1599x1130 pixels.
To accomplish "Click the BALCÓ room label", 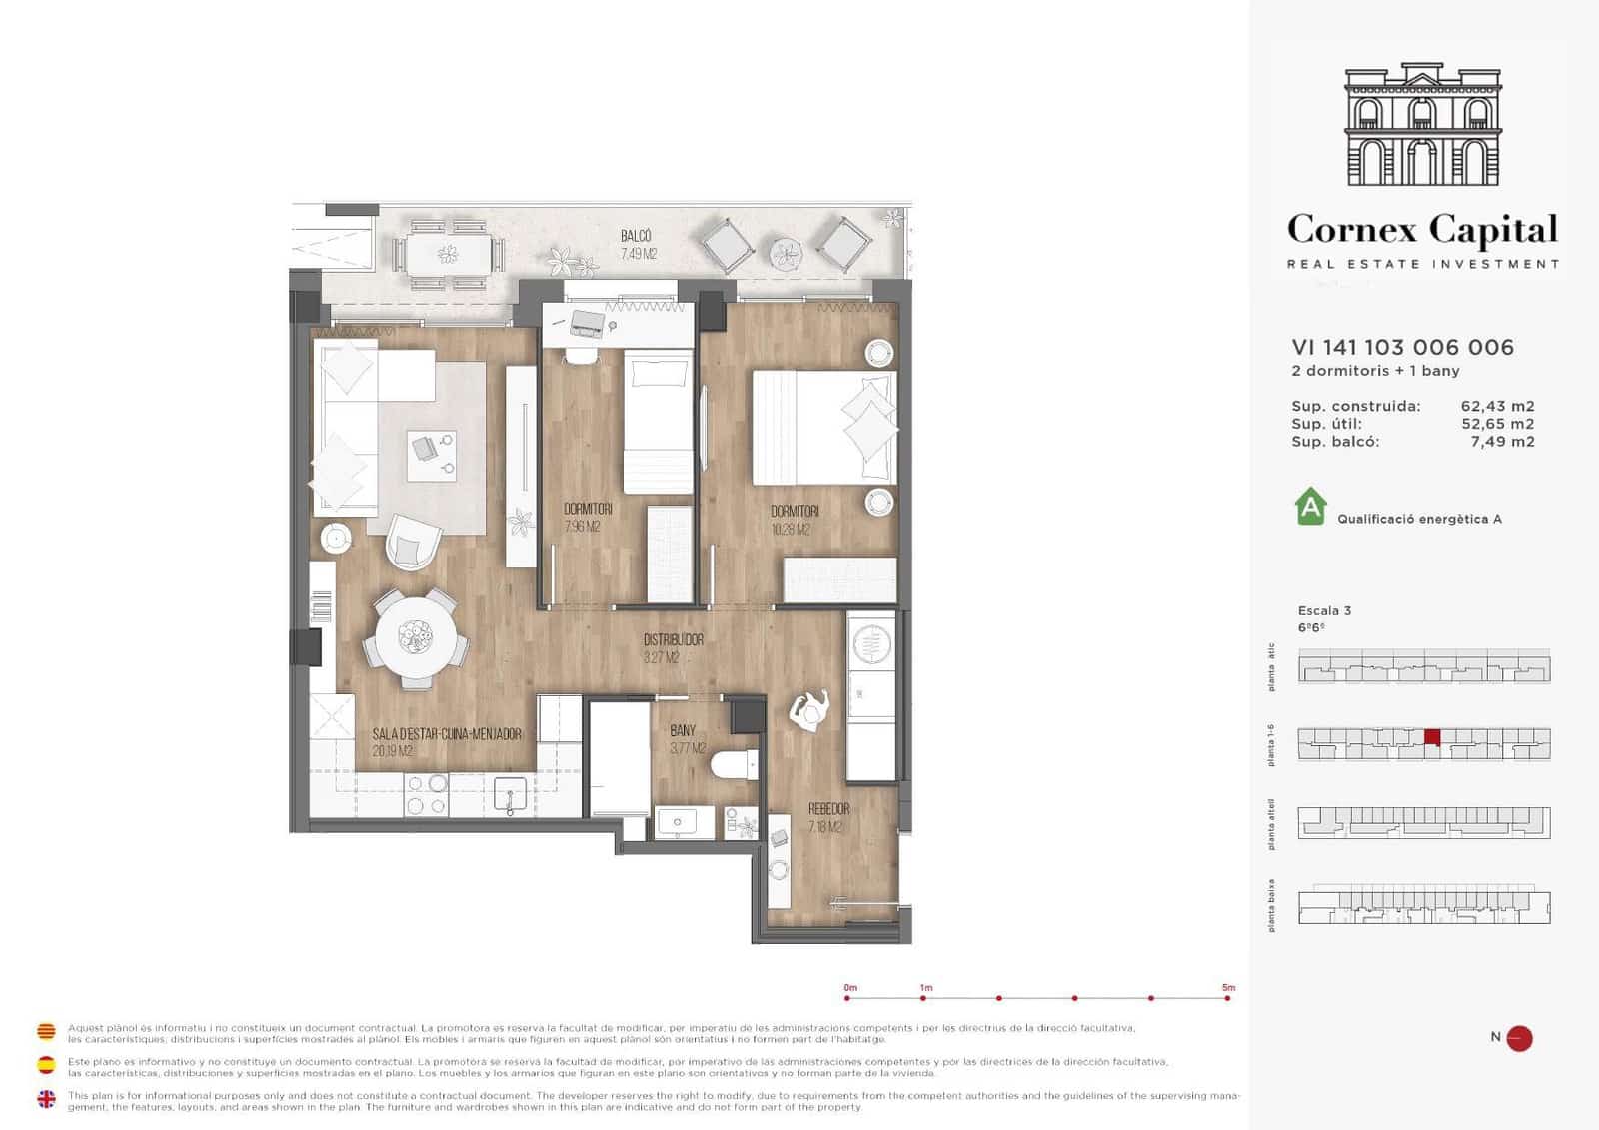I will pos(636,237).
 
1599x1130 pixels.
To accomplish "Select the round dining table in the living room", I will pos(415,638).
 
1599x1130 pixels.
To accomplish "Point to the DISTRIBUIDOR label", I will pos(673,639).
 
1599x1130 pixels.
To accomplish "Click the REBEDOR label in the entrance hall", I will pos(828,809).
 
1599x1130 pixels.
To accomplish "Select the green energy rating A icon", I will pos(1310,507).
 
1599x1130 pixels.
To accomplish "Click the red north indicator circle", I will pos(1519,1038).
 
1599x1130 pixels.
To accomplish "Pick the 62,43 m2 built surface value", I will pos(1497,406).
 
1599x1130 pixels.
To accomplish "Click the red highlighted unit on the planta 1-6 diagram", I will pos(1432,737).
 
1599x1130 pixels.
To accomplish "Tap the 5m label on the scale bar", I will pos(1228,988).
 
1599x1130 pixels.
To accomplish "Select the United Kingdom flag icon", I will pos(46,1099).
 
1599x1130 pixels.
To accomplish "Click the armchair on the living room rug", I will pos(412,543).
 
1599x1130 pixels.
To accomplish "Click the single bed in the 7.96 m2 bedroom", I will pos(658,420).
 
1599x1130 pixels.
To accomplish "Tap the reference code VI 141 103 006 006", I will pos(1402,347).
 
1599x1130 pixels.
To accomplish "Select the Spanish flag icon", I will pos(46,1065).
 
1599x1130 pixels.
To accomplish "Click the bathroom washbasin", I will pos(679,822).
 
